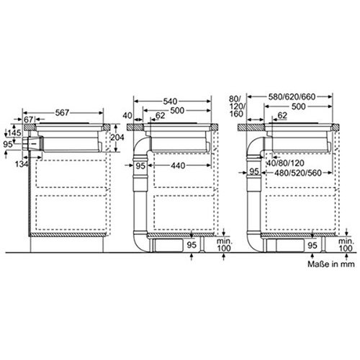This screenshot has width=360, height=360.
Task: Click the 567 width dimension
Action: coord(62,112)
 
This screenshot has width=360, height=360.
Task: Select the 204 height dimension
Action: coord(117,138)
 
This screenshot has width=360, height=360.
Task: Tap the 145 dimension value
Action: coord(14,132)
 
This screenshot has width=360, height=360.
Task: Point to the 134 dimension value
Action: coord(22,164)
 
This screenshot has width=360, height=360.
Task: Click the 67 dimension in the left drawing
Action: coord(29,120)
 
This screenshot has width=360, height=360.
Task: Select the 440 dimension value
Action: coord(178,166)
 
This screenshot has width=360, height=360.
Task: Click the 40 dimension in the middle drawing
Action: coord(127,115)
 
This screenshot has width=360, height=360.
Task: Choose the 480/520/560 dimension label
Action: coord(298,173)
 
